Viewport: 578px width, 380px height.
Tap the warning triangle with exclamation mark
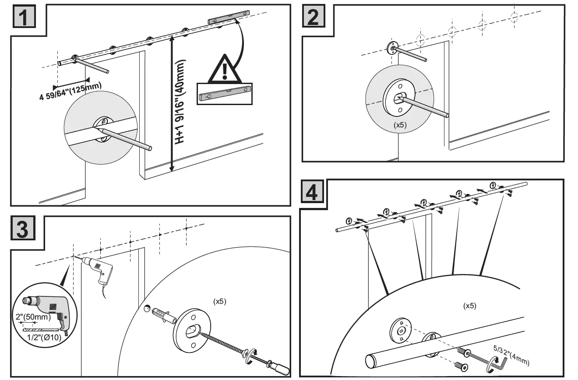click(x=224, y=70)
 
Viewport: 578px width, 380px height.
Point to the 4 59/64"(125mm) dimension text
click(x=70, y=91)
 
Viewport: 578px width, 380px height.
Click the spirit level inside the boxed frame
click(x=224, y=94)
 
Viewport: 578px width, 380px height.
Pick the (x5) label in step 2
click(x=400, y=125)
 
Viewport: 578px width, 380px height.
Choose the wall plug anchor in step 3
click(x=162, y=313)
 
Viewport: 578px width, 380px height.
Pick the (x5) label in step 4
click(x=469, y=306)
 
